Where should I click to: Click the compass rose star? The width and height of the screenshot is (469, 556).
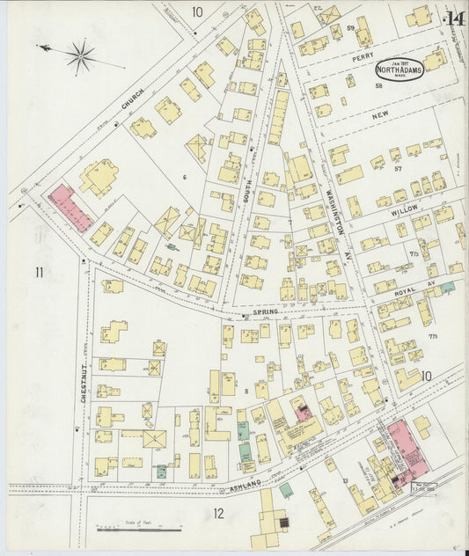[81, 57]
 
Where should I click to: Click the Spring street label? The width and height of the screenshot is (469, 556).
[265, 311]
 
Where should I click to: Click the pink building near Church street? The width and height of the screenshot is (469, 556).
[70, 208]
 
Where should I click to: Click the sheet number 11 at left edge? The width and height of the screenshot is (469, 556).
[39, 272]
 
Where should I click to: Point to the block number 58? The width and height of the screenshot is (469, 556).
[378, 86]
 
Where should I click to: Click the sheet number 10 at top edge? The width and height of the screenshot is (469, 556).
[197, 11]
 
